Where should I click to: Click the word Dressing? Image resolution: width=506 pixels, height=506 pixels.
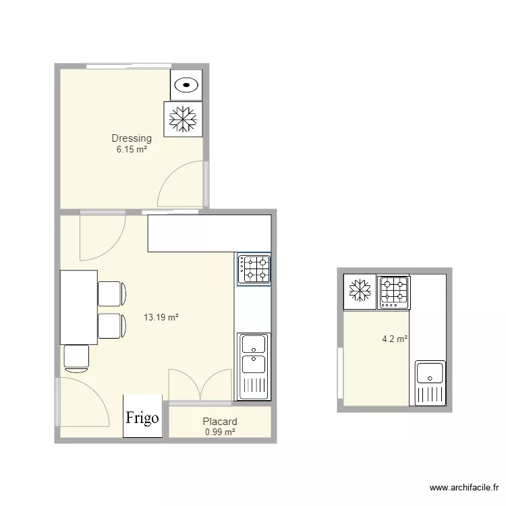point(132,138)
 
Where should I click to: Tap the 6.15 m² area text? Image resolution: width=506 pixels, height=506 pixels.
point(132,149)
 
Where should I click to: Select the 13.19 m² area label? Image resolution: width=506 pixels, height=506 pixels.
point(161,317)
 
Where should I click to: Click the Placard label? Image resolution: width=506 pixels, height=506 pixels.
point(220,422)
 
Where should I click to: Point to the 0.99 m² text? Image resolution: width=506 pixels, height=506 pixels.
point(220,432)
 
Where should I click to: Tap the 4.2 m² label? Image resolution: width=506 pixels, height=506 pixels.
point(395,339)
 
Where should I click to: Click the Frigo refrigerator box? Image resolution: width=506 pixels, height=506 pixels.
point(142,416)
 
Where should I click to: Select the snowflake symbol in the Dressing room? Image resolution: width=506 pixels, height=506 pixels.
point(183,119)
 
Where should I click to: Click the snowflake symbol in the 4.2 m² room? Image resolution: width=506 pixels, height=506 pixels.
point(360,290)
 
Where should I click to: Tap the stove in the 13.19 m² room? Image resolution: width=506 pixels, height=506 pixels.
point(254,269)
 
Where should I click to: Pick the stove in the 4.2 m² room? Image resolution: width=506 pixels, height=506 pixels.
point(394,292)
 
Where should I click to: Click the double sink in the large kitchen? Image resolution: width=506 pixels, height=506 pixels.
point(254,366)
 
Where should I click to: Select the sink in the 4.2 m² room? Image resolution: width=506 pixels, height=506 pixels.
point(430,383)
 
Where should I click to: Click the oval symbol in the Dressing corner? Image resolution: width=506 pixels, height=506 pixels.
point(186,85)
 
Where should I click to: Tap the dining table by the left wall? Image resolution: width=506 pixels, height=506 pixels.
point(79,308)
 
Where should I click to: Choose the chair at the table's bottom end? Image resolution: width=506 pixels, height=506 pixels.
point(76,358)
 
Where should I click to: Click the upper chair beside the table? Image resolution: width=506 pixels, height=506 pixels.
point(111,293)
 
